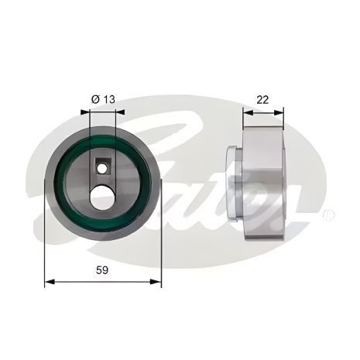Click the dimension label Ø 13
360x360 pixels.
point(103,99)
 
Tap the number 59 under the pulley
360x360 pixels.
point(102,270)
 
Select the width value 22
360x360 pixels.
point(262,100)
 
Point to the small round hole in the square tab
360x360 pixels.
point(102,169)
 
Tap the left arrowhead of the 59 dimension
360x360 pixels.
point(50,282)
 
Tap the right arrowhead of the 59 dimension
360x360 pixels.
point(156,282)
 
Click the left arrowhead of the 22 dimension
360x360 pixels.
point(248,113)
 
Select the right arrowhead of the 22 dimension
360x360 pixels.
point(279,113)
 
